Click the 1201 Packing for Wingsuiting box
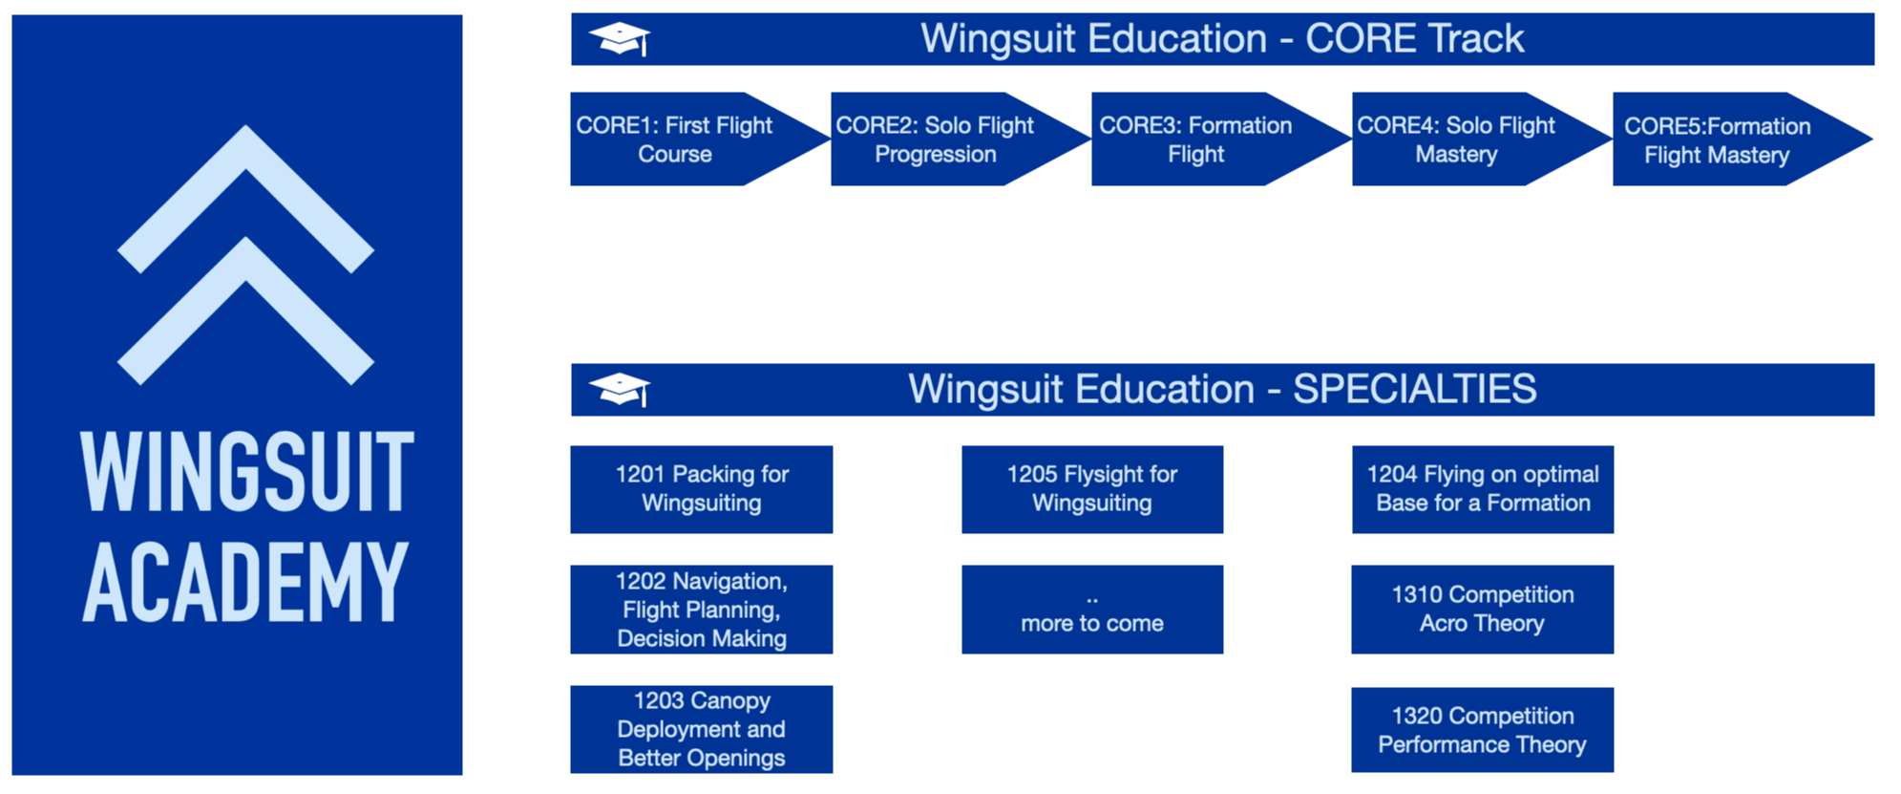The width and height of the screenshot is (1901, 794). pos(702,489)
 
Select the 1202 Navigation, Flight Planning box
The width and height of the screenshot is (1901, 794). pos(702,610)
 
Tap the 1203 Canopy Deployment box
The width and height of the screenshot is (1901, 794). pos(702,729)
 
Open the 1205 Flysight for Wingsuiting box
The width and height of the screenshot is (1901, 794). pos(1092,489)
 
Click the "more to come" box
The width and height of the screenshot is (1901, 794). pos(1092,610)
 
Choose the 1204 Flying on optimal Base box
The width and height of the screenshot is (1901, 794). pos(1483,489)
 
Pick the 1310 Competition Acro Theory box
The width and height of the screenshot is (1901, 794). pos(1483,610)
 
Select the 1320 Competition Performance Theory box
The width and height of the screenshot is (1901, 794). pos(1483,730)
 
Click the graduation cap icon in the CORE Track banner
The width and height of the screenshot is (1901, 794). pos(620,39)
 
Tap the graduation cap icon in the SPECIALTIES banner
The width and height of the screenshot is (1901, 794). pos(620,390)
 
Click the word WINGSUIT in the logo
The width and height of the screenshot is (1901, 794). pos(247,472)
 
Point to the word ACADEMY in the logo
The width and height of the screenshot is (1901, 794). pos(246,581)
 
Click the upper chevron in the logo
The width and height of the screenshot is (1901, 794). pos(246,199)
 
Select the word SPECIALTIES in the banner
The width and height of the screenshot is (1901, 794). pos(1415,390)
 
